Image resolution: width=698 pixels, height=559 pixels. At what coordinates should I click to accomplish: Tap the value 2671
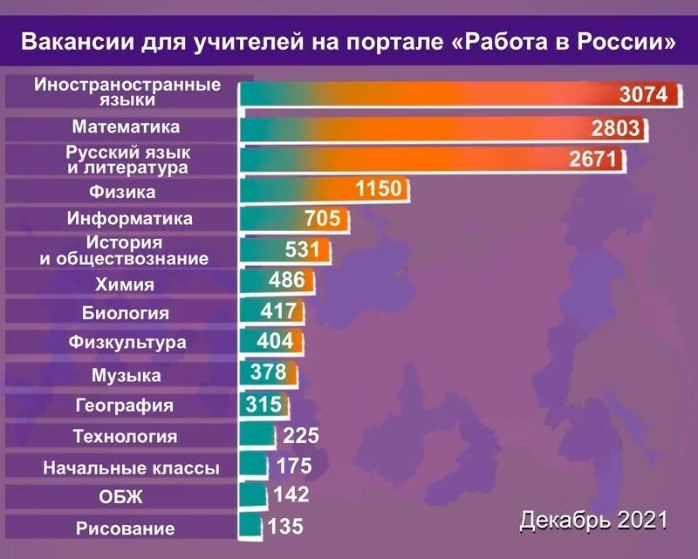point(592,159)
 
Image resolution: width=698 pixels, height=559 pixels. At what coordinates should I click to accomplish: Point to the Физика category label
point(122,191)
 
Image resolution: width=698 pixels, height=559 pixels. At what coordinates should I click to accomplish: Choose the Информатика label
point(130,219)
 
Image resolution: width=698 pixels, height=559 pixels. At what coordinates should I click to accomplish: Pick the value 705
point(322,218)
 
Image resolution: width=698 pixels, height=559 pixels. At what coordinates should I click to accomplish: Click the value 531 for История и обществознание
point(305,249)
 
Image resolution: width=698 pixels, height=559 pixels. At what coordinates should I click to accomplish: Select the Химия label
point(124,283)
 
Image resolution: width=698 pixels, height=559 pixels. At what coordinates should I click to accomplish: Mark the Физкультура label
point(127,343)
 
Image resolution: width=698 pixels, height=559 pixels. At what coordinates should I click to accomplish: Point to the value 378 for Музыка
point(268,373)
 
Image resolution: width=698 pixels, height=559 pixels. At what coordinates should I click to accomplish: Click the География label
point(125,406)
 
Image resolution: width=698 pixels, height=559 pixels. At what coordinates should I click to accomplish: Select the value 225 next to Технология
point(302,436)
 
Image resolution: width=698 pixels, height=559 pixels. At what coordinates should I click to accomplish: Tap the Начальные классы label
point(131,468)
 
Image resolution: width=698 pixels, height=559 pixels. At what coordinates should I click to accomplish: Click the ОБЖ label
point(121,498)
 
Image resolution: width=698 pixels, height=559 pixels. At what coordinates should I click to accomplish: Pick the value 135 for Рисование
point(285,526)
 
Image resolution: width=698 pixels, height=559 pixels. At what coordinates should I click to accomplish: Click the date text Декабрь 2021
point(593,521)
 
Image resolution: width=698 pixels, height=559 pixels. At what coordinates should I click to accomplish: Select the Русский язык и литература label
point(128,160)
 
